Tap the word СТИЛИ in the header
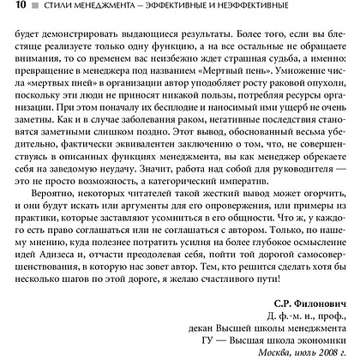click(53, 9)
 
